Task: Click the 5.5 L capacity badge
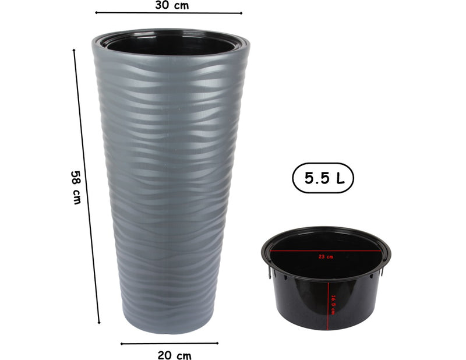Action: click(322, 179)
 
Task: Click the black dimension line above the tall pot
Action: click(169, 12)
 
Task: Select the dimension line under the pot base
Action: click(170, 343)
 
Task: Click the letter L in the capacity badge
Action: click(340, 179)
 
